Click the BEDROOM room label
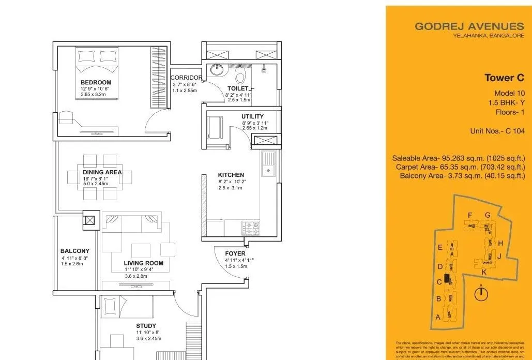point(96,82)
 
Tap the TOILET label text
point(238,89)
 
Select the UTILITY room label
point(252,116)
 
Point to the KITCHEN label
point(231,175)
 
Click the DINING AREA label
point(102,172)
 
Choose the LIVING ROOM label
point(143,263)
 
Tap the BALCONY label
point(75,251)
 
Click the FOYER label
point(235,253)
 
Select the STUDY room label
point(146,326)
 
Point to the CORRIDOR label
point(186,78)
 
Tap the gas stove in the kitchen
point(251,226)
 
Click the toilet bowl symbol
point(239,77)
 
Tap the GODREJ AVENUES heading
point(469,26)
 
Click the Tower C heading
point(500,78)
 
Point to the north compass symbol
point(481,293)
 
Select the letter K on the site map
point(483,272)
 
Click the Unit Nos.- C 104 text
point(497,131)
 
